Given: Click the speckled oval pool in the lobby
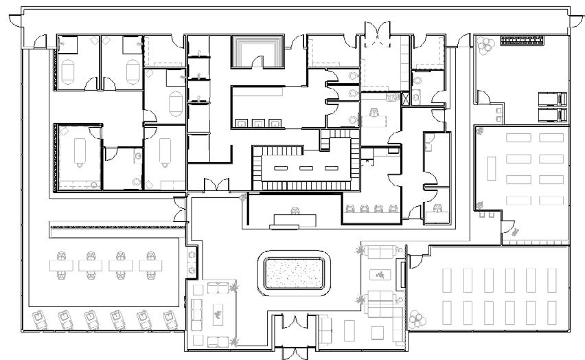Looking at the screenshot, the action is pos(294,275).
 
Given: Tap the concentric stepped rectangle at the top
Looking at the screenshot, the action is pos(257,49).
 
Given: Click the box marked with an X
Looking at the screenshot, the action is pos(406,98).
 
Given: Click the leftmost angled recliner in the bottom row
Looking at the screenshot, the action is pos(40,321).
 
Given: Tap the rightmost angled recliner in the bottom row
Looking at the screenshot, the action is pos(169,319).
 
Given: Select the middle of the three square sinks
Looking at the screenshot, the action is pos(259,123).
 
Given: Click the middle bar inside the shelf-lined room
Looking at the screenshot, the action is pos(305,168).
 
